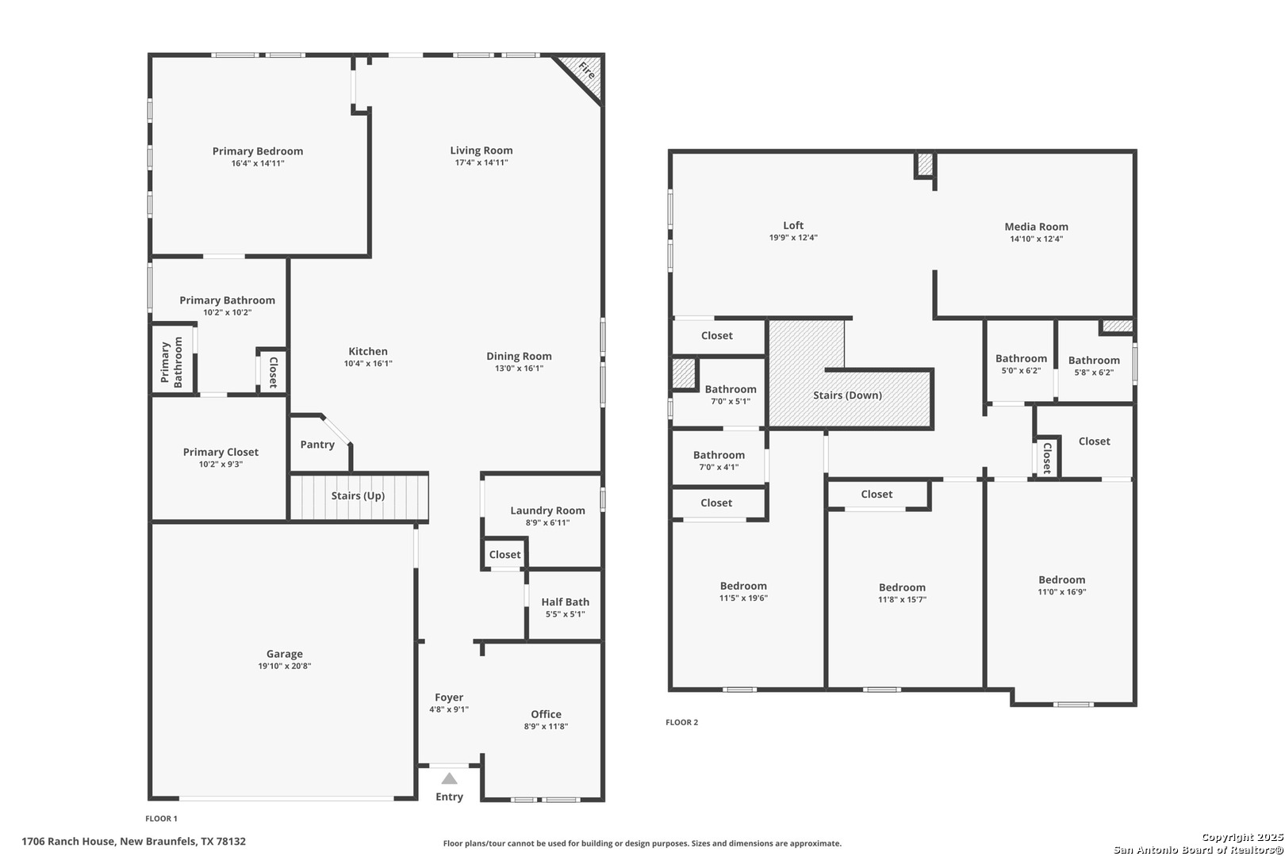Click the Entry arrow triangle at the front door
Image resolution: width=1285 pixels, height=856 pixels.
click(x=449, y=778)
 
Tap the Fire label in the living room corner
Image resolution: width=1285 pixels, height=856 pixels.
click(x=586, y=71)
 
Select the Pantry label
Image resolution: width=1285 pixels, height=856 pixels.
click(x=317, y=445)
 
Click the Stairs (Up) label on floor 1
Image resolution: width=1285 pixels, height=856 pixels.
click(x=358, y=495)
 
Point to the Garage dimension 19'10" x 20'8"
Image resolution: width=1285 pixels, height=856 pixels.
click(x=285, y=666)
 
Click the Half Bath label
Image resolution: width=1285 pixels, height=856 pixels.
click(x=565, y=602)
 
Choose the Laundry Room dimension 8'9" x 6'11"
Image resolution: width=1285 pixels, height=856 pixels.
click(x=548, y=522)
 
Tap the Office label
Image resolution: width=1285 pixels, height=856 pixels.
click(x=546, y=714)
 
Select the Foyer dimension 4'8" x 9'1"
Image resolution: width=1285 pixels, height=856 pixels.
click(x=449, y=709)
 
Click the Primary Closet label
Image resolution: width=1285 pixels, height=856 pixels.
click(x=221, y=452)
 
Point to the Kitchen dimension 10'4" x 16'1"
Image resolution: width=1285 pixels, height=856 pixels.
click(x=368, y=364)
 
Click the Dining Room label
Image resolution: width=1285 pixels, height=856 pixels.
click(x=520, y=356)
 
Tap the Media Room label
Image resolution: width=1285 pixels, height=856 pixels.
click(x=1037, y=227)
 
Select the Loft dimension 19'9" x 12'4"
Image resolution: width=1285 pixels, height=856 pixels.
click(x=793, y=237)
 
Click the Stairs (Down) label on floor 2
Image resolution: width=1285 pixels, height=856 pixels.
click(x=848, y=395)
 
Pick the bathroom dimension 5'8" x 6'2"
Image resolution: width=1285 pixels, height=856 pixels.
click(x=1094, y=372)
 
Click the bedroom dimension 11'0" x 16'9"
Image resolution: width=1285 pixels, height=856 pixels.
click(x=1062, y=592)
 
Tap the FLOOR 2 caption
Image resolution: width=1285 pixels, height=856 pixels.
click(x=682, y=722)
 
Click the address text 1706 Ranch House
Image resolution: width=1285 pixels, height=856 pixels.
click(x=68, y=842)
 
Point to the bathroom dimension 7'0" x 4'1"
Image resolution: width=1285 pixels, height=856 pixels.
click(x=719, y=467)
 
